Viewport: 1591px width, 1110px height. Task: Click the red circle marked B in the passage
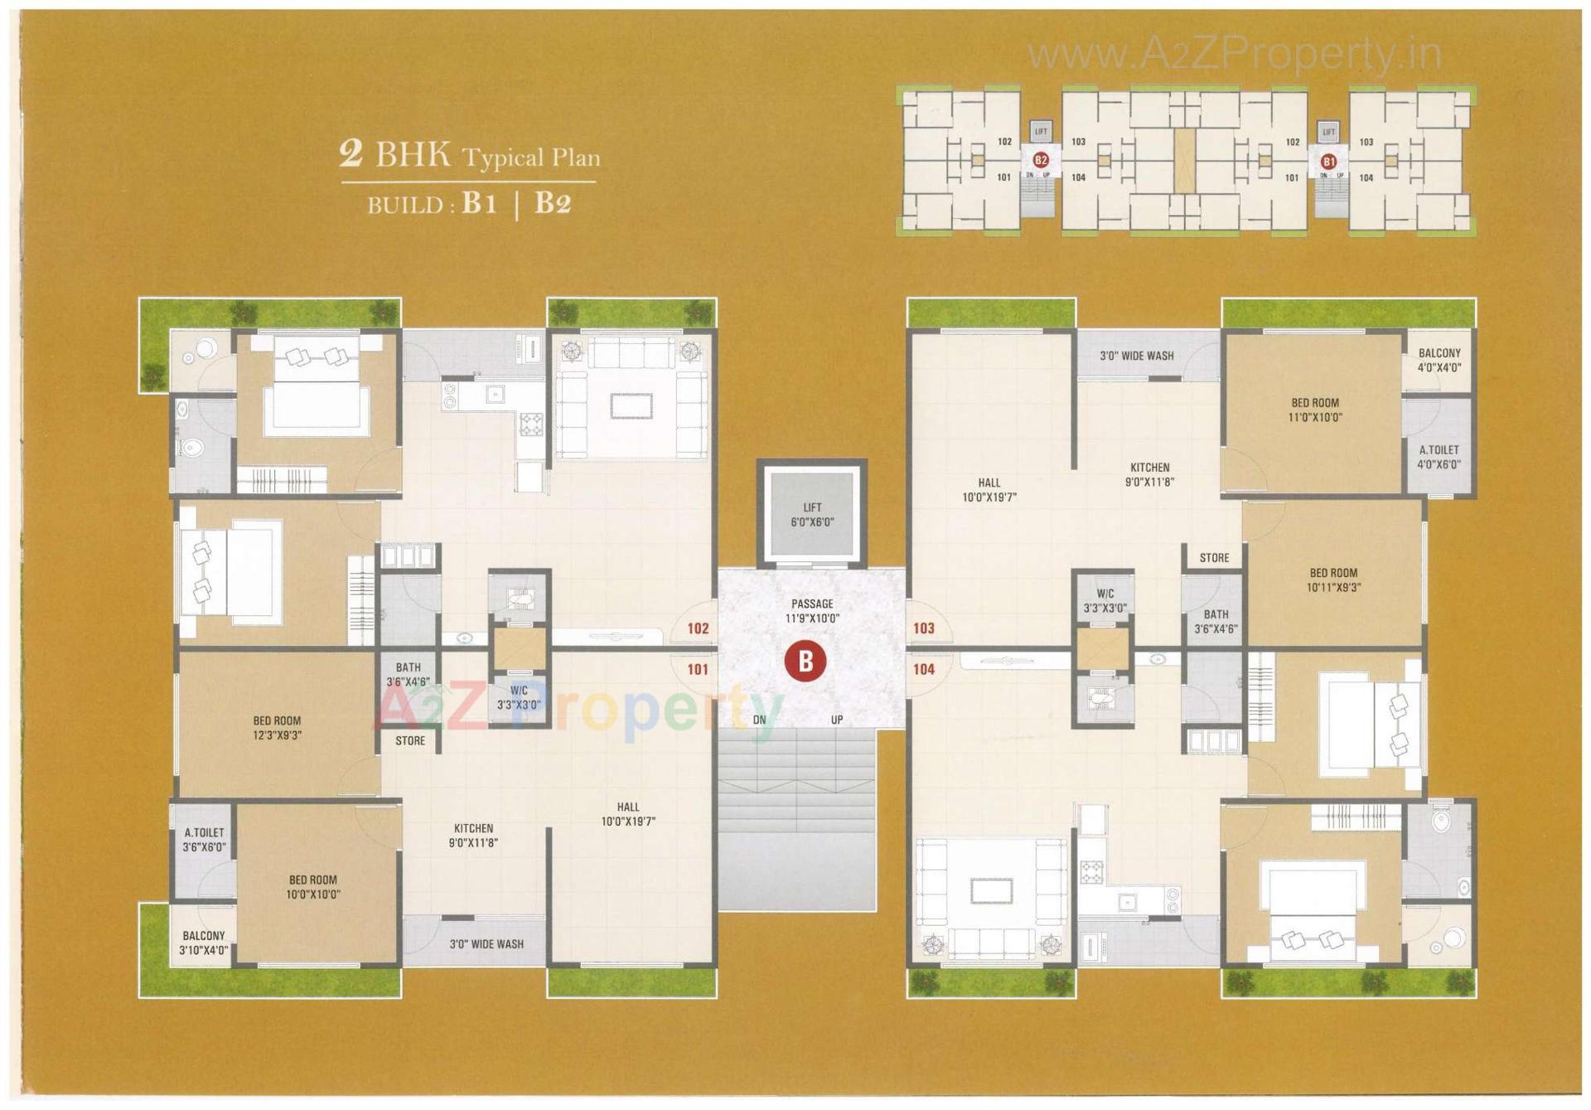pos(805,662)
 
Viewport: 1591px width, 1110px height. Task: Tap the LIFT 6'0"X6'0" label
pos(812,515)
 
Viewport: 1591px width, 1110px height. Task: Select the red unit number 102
pos(698,628)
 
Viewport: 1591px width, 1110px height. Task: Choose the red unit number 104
pos(923,669)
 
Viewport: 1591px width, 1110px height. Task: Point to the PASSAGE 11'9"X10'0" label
pos(812,611)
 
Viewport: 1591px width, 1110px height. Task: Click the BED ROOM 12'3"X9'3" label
pos(277,728)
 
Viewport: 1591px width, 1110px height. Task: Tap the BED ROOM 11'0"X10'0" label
pos(1314,410)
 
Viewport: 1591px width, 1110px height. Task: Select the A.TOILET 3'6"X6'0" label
pos(204,840)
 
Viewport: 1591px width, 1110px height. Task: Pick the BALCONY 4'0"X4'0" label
pos(1439,361)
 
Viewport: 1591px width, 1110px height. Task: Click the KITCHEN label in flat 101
pos(473,836)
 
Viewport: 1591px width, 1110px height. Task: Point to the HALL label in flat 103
pos(989,490)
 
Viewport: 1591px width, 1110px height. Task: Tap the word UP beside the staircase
pos(837,720)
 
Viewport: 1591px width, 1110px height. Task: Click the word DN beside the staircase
pos(759,720)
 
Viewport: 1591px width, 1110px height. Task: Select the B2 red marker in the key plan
pos(1041,160)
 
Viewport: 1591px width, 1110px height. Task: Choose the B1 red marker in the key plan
pos(1328,161)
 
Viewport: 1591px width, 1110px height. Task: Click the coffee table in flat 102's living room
pos(631,406)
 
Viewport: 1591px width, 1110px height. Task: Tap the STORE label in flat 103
pos(1214,558)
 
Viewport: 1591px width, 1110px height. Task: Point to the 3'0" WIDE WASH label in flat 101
pos(486,943)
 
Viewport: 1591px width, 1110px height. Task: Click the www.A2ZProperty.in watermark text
pos(1234,55)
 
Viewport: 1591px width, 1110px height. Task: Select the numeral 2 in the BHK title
pos(351,154)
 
